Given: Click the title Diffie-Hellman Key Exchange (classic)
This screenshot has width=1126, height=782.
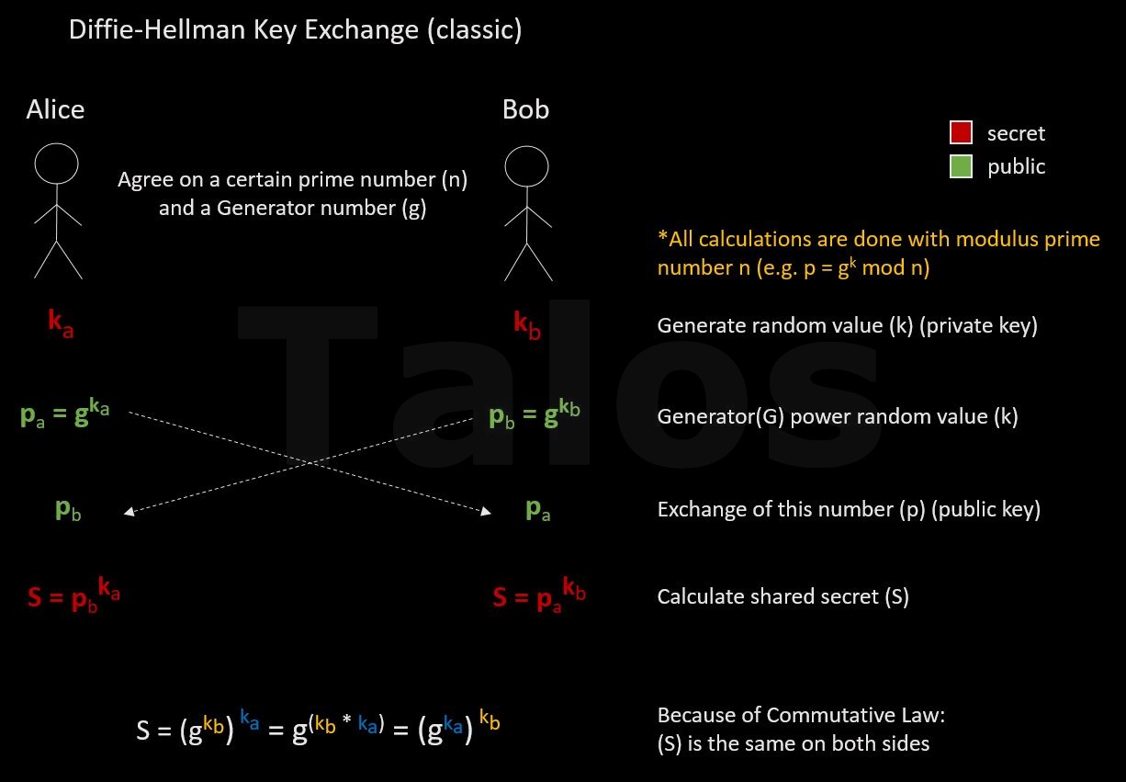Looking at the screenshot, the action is [x=295, y=30].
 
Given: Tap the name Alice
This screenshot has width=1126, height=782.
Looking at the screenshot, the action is [x=55, y=109].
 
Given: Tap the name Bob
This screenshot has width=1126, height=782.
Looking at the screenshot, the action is [x=525, y=109].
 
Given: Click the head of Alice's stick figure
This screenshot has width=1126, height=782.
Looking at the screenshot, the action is [x=57, y=163].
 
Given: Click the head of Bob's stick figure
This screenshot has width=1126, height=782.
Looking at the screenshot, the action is [x=526, y=166].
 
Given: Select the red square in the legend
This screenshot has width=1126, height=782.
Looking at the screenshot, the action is [x=961, y=133].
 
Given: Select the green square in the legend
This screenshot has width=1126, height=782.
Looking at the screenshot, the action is [x=961, y=166].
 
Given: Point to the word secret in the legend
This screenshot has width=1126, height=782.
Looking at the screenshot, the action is [x=1016, y=133].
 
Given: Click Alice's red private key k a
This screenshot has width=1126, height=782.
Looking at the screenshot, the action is [x=61, y=323].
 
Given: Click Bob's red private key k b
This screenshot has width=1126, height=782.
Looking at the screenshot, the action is [x=527, y=324].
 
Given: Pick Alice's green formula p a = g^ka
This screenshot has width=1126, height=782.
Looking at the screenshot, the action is [x=65, y=414].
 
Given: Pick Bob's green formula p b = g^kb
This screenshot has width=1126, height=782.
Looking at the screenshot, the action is [x=535, y=415].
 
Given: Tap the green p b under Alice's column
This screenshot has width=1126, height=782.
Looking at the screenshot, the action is [x=68, y=510].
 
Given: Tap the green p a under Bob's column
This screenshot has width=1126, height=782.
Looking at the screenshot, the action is [x=537, y=510].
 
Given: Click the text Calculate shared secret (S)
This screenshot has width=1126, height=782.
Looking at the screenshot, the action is [x=783, y=596].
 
